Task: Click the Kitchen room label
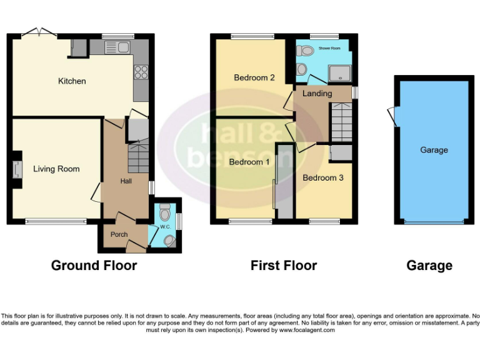[72, 81]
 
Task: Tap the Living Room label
[56, 169]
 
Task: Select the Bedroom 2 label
[254, 78]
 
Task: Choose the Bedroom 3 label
[322, 177]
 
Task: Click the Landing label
[317, 94]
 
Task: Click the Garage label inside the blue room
[434, 150]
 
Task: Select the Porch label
[119, 234]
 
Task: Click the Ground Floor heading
[94, 266]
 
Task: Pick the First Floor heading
[284, 266]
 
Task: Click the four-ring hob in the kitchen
[141, 72]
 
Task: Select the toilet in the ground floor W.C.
[164, 214]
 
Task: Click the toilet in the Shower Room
[302, 69]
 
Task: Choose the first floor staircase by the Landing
[341, 122]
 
